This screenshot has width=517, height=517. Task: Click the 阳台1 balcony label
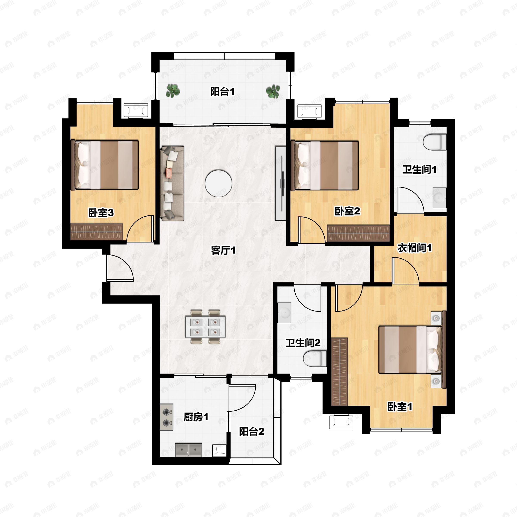click(x=222, y=92)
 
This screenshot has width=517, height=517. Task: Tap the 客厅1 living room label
click(x=223, y=251)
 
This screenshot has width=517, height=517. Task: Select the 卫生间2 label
click(x=303, y=343)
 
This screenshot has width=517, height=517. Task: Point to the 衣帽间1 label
click(x=414, y=248)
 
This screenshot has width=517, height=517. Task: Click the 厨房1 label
click(x=196, y=417)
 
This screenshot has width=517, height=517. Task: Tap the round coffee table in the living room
click(x=218, y=184)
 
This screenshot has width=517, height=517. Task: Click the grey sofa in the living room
click(x=172, y=183)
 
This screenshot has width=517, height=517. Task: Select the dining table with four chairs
click(x=205, y=327)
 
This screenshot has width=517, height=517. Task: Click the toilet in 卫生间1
click(x=435, y=142)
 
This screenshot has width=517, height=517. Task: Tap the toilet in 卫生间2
click(x=315, y=359)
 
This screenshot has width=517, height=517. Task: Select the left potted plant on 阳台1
click(x=173, y=90)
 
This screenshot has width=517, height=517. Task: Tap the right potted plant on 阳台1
click(x=273, y=91)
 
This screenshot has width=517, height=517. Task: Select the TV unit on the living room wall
click(x=280, y=183)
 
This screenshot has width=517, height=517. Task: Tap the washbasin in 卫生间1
click(x=440, y=198)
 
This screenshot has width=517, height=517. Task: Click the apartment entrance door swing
click(x=120, y=268)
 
